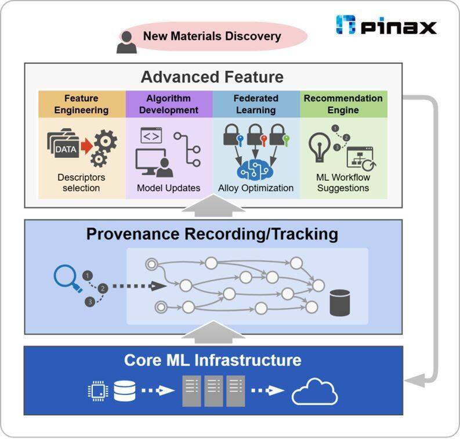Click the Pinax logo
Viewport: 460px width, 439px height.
tap(386, 25)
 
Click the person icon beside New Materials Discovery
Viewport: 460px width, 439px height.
tap(126, 42)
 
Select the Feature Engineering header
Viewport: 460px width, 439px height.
tap(82, 104)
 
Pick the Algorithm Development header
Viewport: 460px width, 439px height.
tap(168, 104)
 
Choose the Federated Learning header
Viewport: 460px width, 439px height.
tap(256, 104)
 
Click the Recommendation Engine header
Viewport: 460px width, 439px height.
tap(343, 104)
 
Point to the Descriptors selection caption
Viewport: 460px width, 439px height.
tap(81, 182)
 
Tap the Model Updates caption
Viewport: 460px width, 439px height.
tap(168, 188)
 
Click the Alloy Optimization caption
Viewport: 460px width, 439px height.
tap(256, 188)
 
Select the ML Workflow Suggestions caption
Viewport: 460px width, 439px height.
tap(343, 182)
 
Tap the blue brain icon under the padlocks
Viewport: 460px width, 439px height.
tap(256, 168)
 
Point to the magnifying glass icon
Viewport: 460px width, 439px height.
tap(66, 278)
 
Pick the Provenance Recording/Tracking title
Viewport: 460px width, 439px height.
tap(212, 234)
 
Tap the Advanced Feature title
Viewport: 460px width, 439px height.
tap(212, 77)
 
